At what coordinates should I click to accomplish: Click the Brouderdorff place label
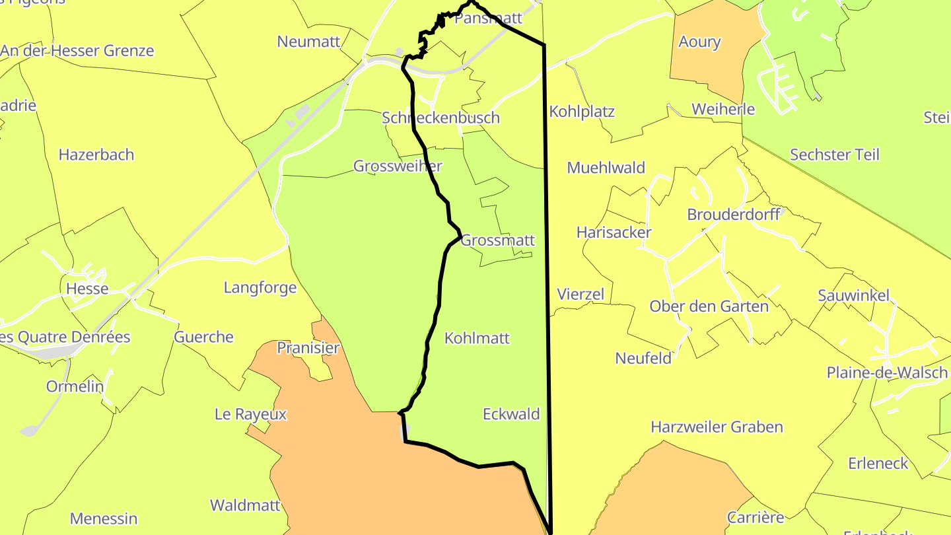click(734, 214)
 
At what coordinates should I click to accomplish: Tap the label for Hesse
click(87, 289)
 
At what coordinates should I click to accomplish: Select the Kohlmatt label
click(477, 338)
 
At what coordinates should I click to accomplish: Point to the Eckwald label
click(511, 414)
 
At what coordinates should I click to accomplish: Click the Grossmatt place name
click(497, 240)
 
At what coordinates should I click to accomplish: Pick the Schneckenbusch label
click(440, 118)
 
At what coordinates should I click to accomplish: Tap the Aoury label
click(699, 42)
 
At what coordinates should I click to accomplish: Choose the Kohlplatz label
click(582, 112)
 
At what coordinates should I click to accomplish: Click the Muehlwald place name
click(606, 168)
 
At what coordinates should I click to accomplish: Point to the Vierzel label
click(581, 294)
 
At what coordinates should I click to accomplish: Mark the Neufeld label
click(643, 358)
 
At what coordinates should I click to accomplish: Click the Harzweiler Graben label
click(717, 427)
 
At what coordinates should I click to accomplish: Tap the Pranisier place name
click(308, 348)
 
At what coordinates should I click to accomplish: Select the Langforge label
click(260, 287)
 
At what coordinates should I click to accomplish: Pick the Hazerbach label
click(96, 155)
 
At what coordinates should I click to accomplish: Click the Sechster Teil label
click(835, 155)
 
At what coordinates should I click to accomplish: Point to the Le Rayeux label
click(251, 414)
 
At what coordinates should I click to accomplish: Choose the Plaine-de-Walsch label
click(887, 373)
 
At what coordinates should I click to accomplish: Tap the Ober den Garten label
click(709, 306)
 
